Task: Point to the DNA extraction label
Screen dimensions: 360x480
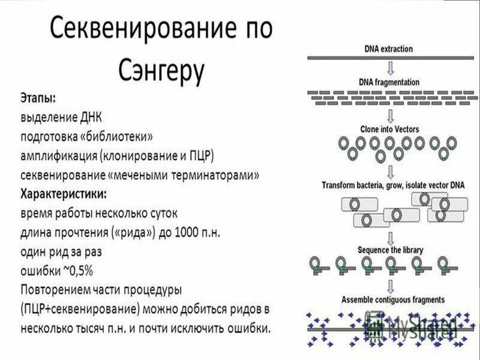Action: click(x=389, y=49)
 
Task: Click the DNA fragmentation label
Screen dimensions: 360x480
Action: click(x=389, y=82)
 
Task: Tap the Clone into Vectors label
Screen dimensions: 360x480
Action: click(x=389, y=129)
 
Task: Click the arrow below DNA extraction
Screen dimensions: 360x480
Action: click(x=389, y=67)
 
